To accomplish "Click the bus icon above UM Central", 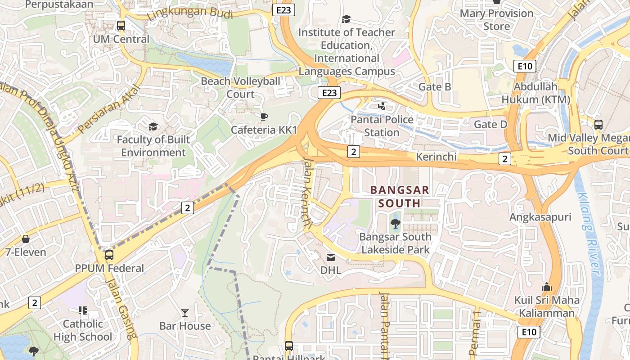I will point(121,26).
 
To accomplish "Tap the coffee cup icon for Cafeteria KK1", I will point(264,117).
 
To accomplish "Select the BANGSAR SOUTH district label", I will point(400,197).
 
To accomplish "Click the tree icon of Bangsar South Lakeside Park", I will point(396,223).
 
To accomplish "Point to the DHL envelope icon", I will point(331,257).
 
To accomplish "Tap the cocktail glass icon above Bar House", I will point(185,312).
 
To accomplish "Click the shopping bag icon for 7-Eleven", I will point(26,238).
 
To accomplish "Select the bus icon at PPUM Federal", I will point(109,255).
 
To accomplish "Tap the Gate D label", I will point(490,124).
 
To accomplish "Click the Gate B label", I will point(435,87).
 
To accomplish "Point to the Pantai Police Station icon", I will point(382,106).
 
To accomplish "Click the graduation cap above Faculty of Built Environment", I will point(153,126).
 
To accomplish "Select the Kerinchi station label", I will point(436,157).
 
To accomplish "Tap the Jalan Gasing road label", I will point(120,308).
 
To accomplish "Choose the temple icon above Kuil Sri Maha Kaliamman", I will point(547,287).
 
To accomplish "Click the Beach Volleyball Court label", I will point(240,88).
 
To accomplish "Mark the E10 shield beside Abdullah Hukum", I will point(525,67).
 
